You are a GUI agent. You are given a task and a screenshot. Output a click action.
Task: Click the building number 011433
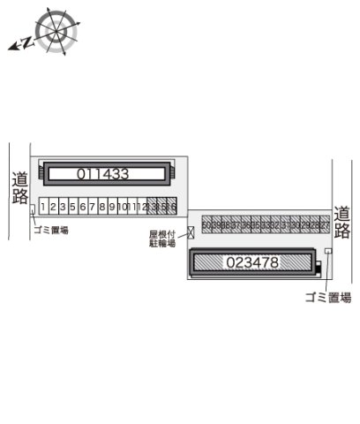102,174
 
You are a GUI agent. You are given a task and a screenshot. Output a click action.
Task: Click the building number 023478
252,262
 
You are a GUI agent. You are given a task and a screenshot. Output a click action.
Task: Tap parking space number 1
43,207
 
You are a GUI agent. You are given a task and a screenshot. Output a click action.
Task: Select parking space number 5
73,207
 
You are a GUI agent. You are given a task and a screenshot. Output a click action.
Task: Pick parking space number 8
102,207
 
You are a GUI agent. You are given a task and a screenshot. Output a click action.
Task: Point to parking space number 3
53,207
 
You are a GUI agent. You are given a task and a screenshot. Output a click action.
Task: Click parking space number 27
325,225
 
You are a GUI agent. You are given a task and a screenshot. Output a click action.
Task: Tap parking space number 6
83,207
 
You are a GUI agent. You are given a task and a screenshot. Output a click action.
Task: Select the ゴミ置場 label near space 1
50,230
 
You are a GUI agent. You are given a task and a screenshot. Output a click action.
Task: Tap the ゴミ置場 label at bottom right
327,298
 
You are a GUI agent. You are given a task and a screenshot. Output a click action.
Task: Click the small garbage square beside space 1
34,209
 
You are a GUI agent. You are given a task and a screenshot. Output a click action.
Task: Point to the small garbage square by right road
328,252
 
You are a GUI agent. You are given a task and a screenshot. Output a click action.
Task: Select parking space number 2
53,207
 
